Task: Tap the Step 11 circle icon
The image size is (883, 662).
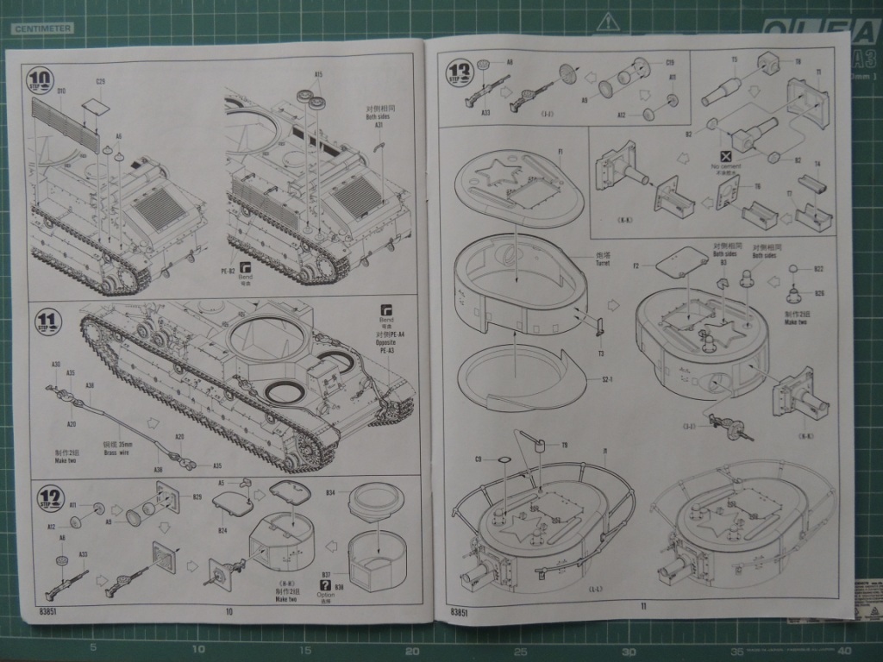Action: tap(48, 323)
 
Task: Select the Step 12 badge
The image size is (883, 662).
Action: tap(51, 498)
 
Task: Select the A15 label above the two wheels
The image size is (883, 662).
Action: tap(319, 75)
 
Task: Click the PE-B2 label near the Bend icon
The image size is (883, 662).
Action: tap(229, 271)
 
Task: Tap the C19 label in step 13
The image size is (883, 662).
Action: tap(669, 62)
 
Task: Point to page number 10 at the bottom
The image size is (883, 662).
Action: tap(229, 612)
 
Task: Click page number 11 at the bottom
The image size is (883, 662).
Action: tap(643, 605)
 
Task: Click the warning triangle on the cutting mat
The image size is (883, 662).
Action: tap(610, 21)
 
